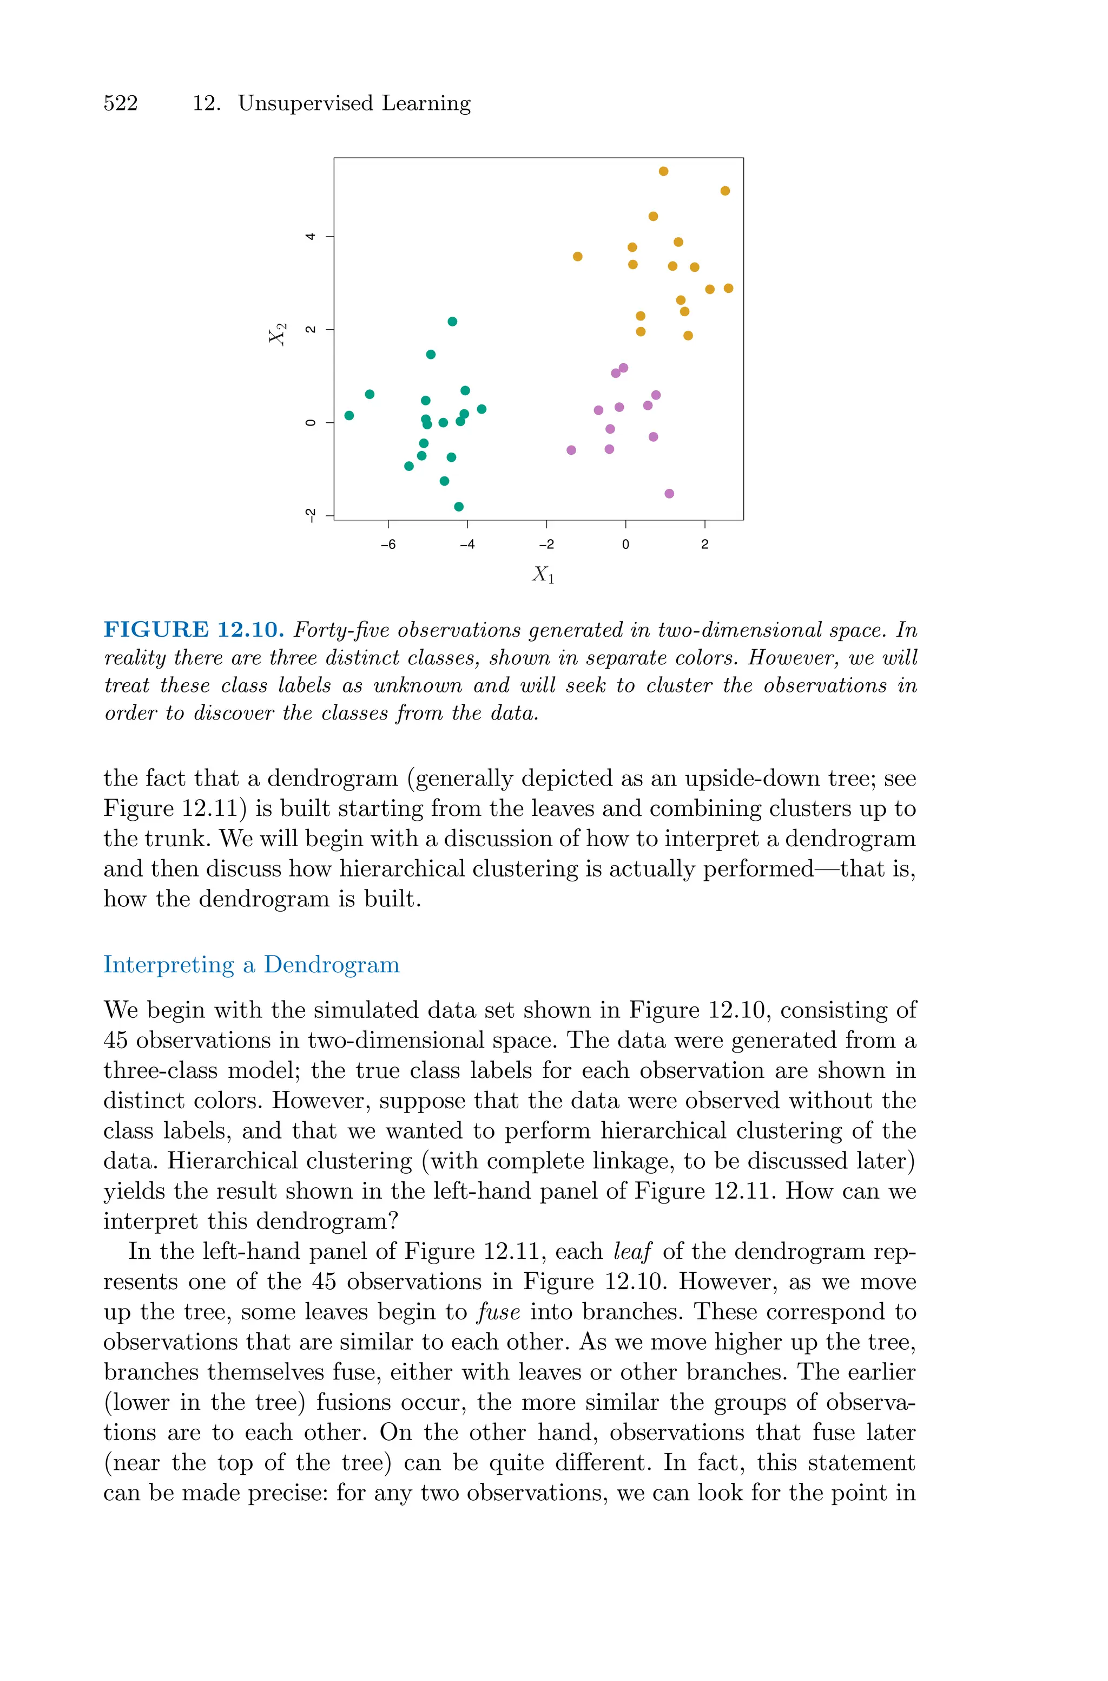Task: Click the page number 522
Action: [x=121, y=103]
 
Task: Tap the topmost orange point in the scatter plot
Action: [x=663, y=171]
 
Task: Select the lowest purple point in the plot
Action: [x=669, y=493]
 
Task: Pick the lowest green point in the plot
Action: [x=459, y=506]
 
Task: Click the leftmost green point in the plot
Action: [x=349, y=415]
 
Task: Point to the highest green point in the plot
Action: [x=452, y=322]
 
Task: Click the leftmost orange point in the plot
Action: [x=577, y=257]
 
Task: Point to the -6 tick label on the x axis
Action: [x=388, y=544]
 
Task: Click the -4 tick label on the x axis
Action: [x=467, y=544]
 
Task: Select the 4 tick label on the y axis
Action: [x=309, y=236]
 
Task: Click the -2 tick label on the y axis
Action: [x=309, y=515]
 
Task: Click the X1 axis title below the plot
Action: [x=543, y=575]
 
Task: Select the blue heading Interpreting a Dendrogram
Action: [x=251, y=965]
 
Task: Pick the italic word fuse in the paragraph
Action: [x=499, y=1312]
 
